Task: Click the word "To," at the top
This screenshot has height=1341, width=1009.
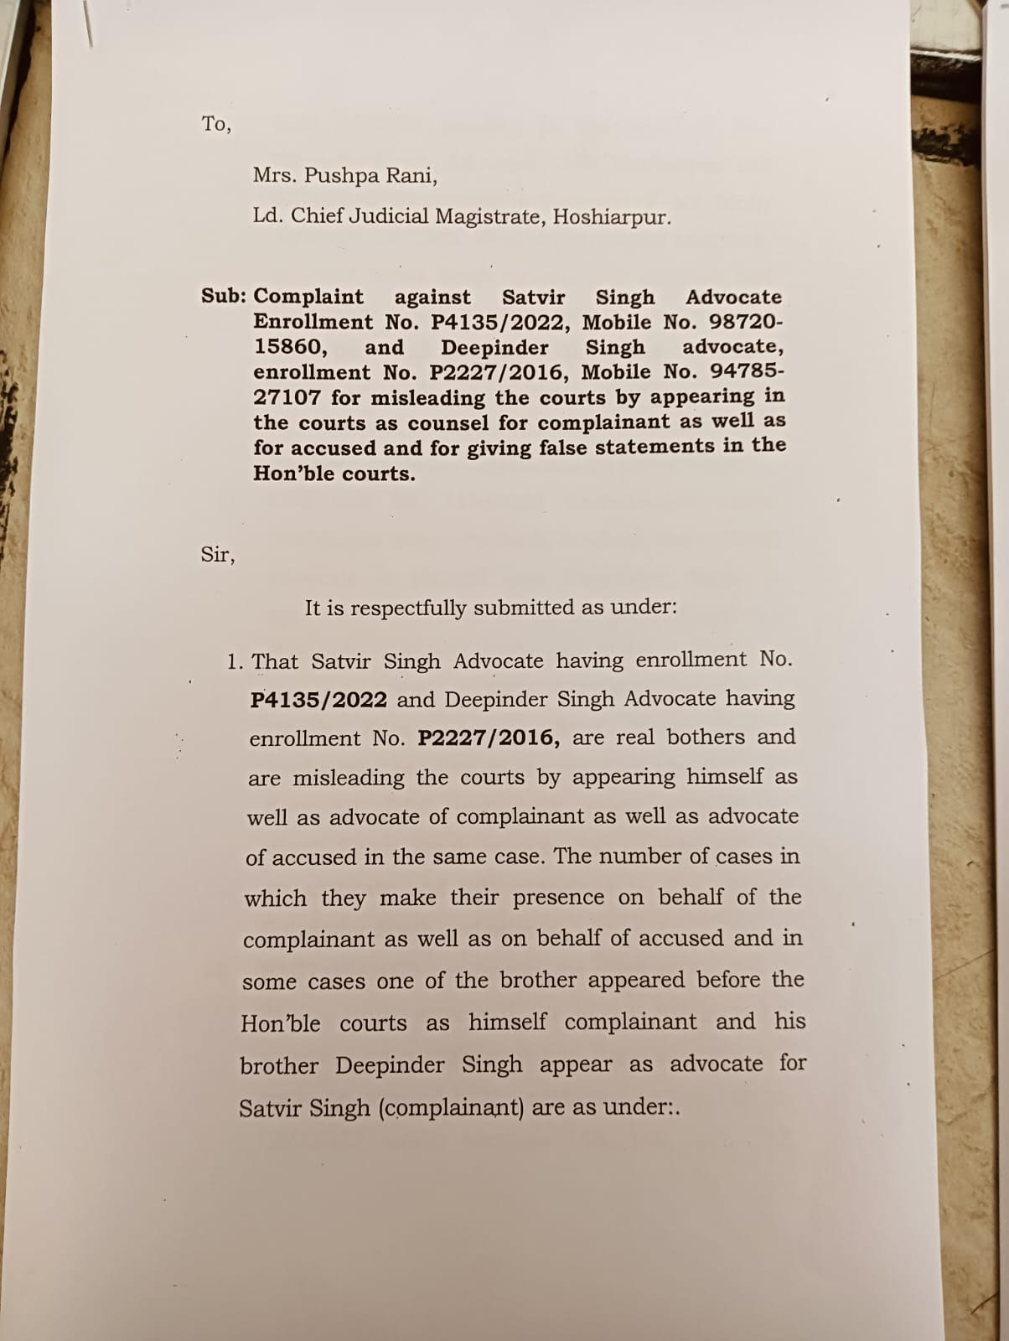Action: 216,124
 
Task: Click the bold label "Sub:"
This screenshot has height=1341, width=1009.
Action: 224,296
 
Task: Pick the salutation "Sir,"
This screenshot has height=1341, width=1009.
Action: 218,554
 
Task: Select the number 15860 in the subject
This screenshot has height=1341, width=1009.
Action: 291,347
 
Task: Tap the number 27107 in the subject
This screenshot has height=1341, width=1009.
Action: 287,397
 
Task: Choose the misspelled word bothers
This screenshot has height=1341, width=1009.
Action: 705,738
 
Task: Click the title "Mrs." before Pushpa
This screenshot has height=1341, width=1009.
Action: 275,176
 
